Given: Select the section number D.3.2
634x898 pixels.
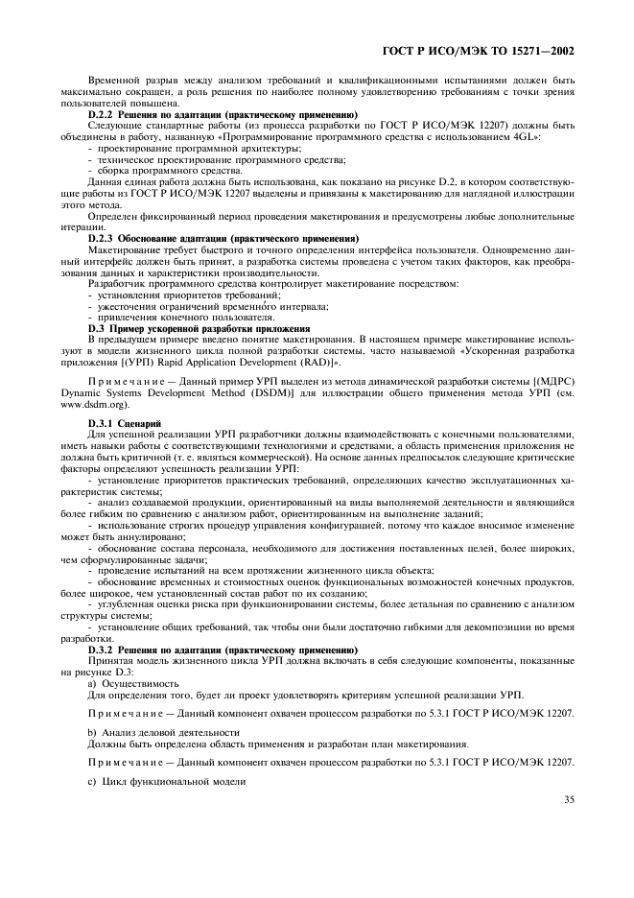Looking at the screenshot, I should [101, 650].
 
